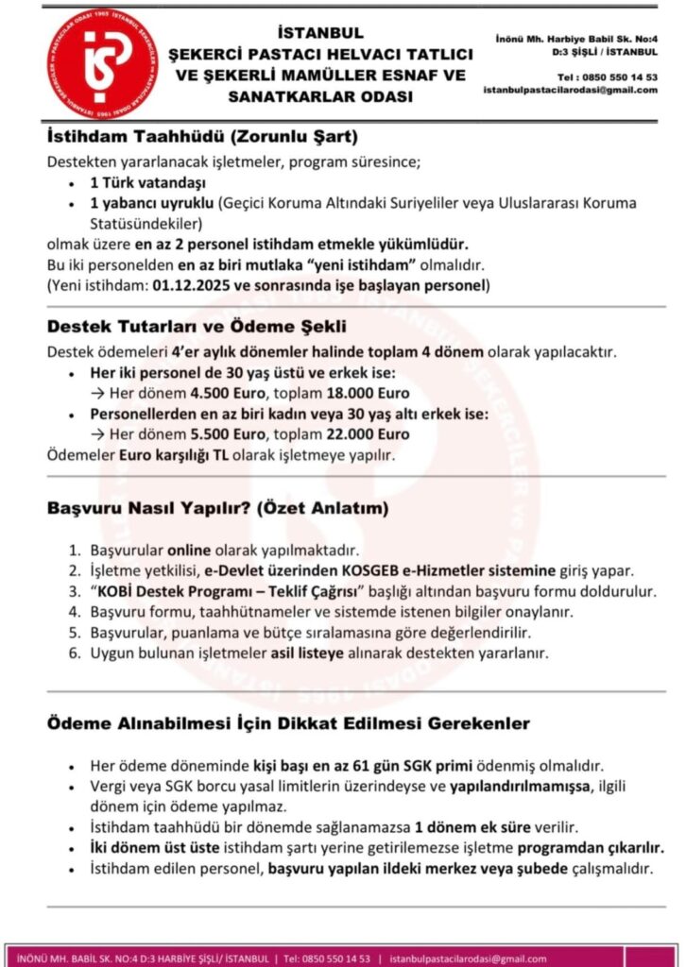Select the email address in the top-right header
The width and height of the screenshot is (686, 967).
tap(570, 90)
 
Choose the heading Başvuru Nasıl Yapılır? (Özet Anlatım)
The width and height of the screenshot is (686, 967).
tap(217, 508)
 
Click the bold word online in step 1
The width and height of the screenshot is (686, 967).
tap(189, 550)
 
